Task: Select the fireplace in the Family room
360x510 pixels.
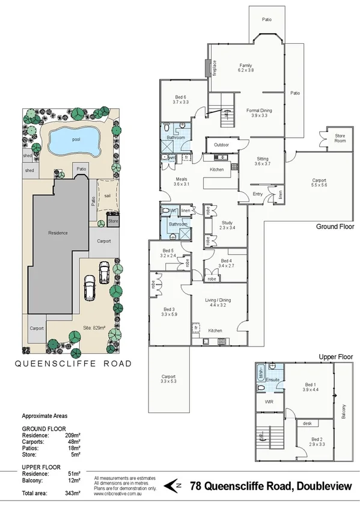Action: coord(212,67)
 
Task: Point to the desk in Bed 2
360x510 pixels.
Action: coord(307,423)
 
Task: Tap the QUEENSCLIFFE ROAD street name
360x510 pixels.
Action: coord(73,363)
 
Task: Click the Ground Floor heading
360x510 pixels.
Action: coord(335,227)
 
